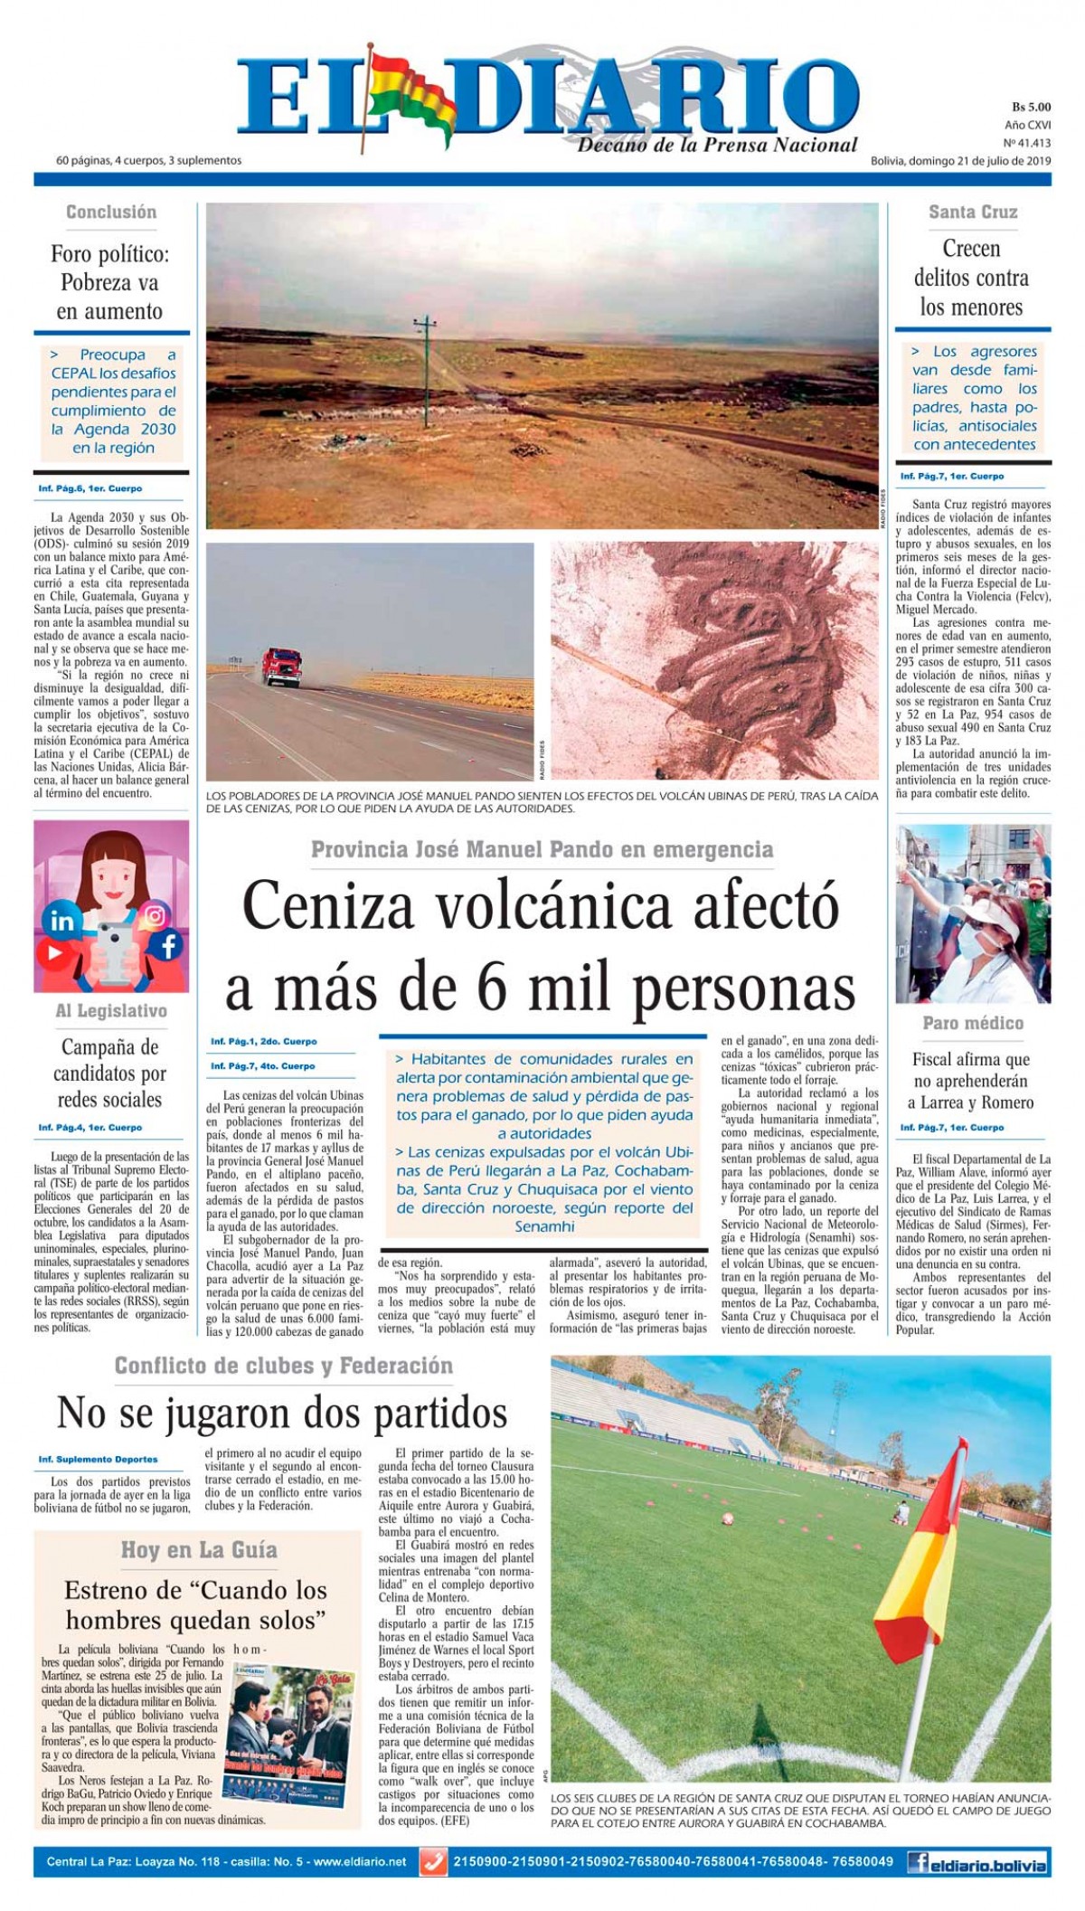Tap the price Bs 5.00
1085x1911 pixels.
pyautogui.click(x=1030, y=107)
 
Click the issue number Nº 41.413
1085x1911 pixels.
pyautogui.click(x=1026, y=142)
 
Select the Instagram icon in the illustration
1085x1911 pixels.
pyautogui.click(x=156, y=915)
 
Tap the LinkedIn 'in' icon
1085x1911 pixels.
pyautogui.click(x=63, y=921)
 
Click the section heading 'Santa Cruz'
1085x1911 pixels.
pyautogui.click(x=973, y=212)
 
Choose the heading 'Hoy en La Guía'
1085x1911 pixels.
pyautogui.click(x=199, y=1549)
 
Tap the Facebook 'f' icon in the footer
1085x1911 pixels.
pyautogui.click(x=920, y=1862)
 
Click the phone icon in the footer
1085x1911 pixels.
pyautogui.click(x=434, y=1862)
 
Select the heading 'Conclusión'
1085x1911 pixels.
pyautogui.click(x=111, y=212)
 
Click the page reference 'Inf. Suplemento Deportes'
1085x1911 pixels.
pyautogui.click(x=98, y=1459)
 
